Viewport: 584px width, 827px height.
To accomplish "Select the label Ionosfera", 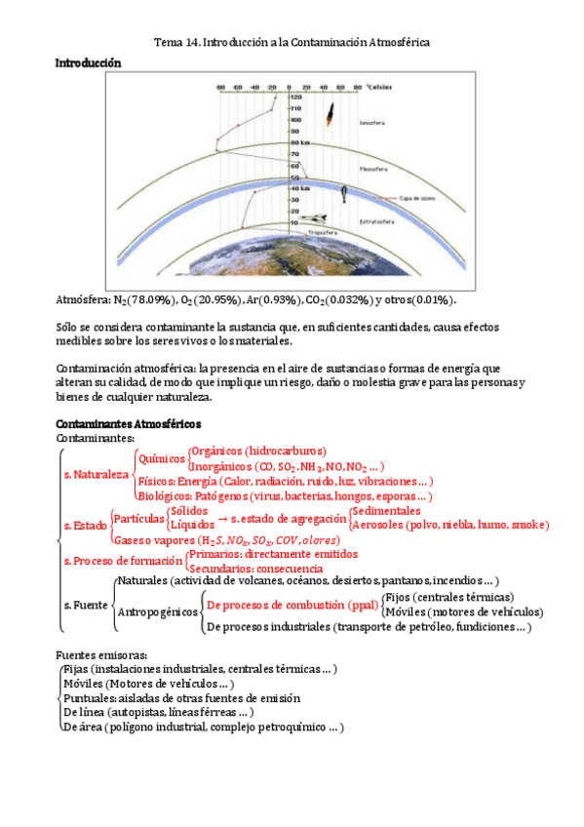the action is (372, 124).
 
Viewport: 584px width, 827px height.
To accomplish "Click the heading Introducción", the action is (88, 62).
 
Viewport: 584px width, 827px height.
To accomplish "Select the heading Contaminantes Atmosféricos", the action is (129, 424).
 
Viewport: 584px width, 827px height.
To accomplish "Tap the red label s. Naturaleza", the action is (96, 474).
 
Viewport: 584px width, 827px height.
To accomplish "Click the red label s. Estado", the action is (85, 525).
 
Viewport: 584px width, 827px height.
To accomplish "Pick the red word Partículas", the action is (138, 518).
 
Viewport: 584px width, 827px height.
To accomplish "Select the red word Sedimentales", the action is (387, 511).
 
